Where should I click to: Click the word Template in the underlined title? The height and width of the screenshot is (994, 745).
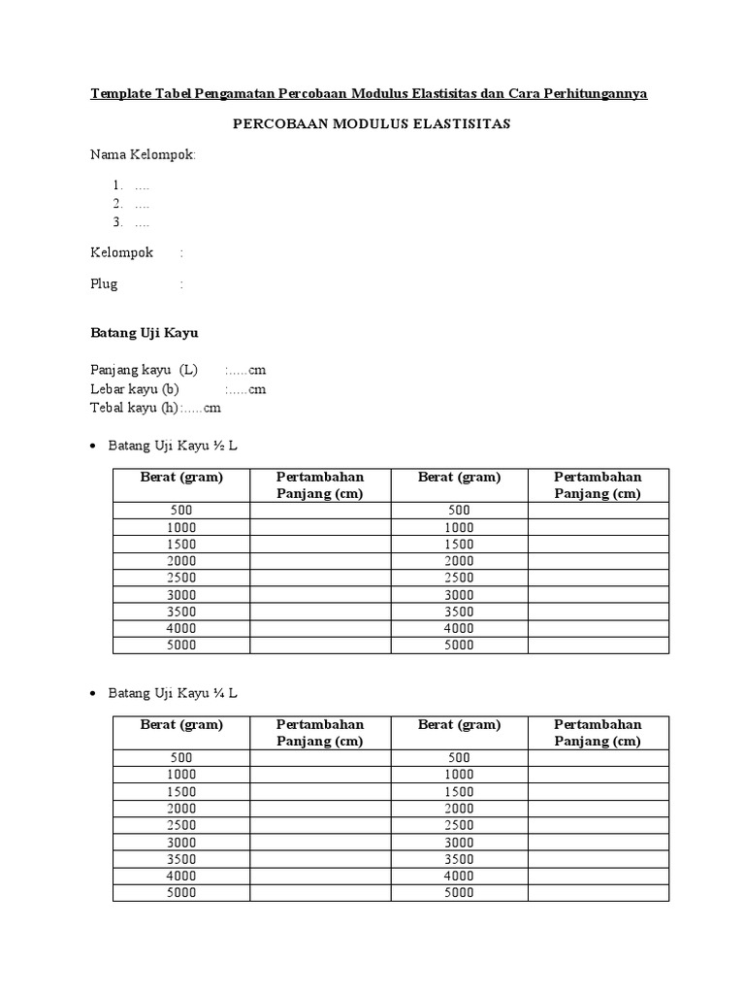pyautogui.click(x=122, y=94)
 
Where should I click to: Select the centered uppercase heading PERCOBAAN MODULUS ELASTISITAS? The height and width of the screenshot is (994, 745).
pyautogui.click(x=372, y=124)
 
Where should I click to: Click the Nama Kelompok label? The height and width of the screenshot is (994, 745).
pyautogui.click(x=143, y=154)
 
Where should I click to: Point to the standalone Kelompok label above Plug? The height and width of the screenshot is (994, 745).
pyautogui.click(x=122, y=252)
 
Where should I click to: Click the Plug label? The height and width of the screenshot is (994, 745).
pyautogui.click(x=105, y=284)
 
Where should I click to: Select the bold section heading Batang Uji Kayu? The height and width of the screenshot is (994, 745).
pyautogui.click(x=145, y=333)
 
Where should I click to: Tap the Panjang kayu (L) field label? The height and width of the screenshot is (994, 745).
pyautogui.click(x=144, y=371)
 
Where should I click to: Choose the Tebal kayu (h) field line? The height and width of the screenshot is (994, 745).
pyautogui.click(x=156, y=408)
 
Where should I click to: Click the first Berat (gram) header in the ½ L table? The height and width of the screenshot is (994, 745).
pyautogui.click(x=181, y=477)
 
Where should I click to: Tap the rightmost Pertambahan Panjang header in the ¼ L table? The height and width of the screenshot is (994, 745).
pyautogui.click(x=598, y=733)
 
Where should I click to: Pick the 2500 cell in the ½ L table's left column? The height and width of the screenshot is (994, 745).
pyautogui.click(x=181, y=578)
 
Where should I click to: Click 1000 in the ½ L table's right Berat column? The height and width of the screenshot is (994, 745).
pyautogui.click(x=459, y=527)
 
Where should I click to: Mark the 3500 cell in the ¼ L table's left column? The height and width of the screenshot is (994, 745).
pyautogui.click(x=181, y=859)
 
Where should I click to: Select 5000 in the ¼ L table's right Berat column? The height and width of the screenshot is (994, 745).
pyautogui.click(x=459, y=892)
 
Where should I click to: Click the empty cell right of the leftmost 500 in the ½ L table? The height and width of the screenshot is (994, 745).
pyautogui.click(x=320, y=511)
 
